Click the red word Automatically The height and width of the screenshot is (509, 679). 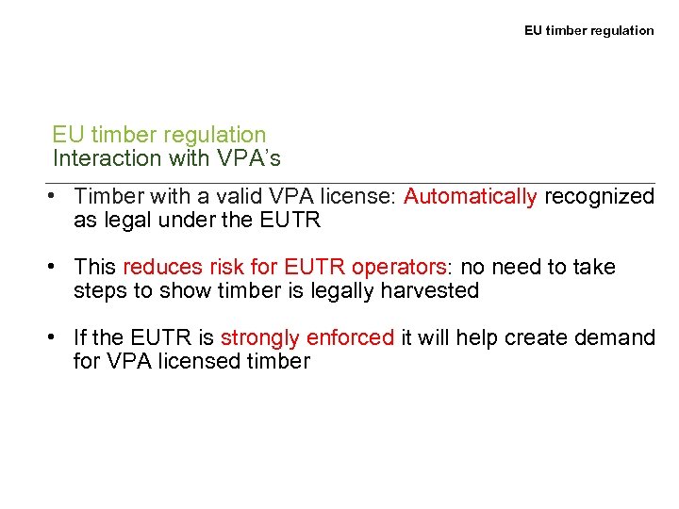(470, 197)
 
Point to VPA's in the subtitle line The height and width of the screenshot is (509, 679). (249, 158)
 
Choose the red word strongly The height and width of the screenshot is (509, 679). (260, 338)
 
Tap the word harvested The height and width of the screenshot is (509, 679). (430, 291)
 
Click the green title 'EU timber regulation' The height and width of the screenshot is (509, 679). (159, 136)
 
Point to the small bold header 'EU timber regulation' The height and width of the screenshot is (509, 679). (588, 30)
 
